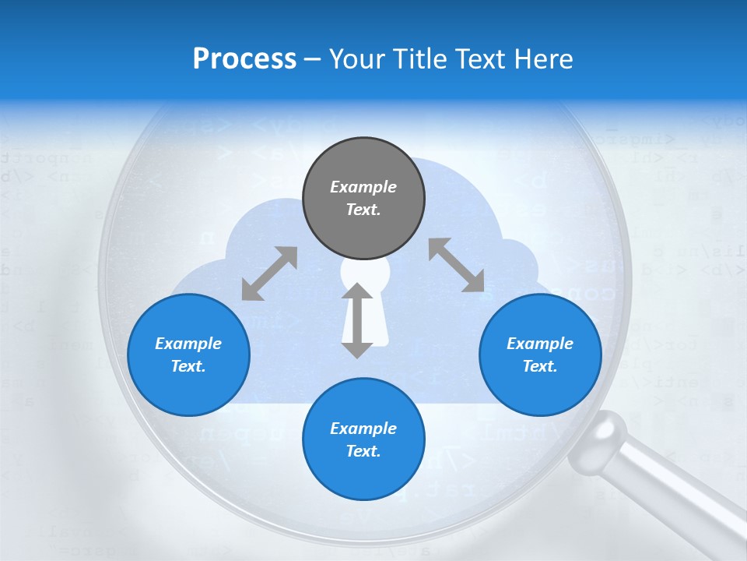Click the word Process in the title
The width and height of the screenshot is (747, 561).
244,59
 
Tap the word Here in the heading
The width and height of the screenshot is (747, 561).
542,59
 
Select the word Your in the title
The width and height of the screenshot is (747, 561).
356,59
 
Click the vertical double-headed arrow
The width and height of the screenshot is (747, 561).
357,320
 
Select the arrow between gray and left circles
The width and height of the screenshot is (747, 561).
269,273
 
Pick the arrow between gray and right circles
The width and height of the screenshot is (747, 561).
456,266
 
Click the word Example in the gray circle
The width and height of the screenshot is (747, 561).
363,187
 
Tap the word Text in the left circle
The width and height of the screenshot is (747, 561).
188,366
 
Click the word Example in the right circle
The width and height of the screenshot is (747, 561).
540,344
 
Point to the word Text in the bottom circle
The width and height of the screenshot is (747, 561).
363,451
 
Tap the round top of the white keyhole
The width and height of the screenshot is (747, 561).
365,273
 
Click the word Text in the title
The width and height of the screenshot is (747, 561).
476,59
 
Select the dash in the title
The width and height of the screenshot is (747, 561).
311,60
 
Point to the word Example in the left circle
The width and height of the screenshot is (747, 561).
188,344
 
